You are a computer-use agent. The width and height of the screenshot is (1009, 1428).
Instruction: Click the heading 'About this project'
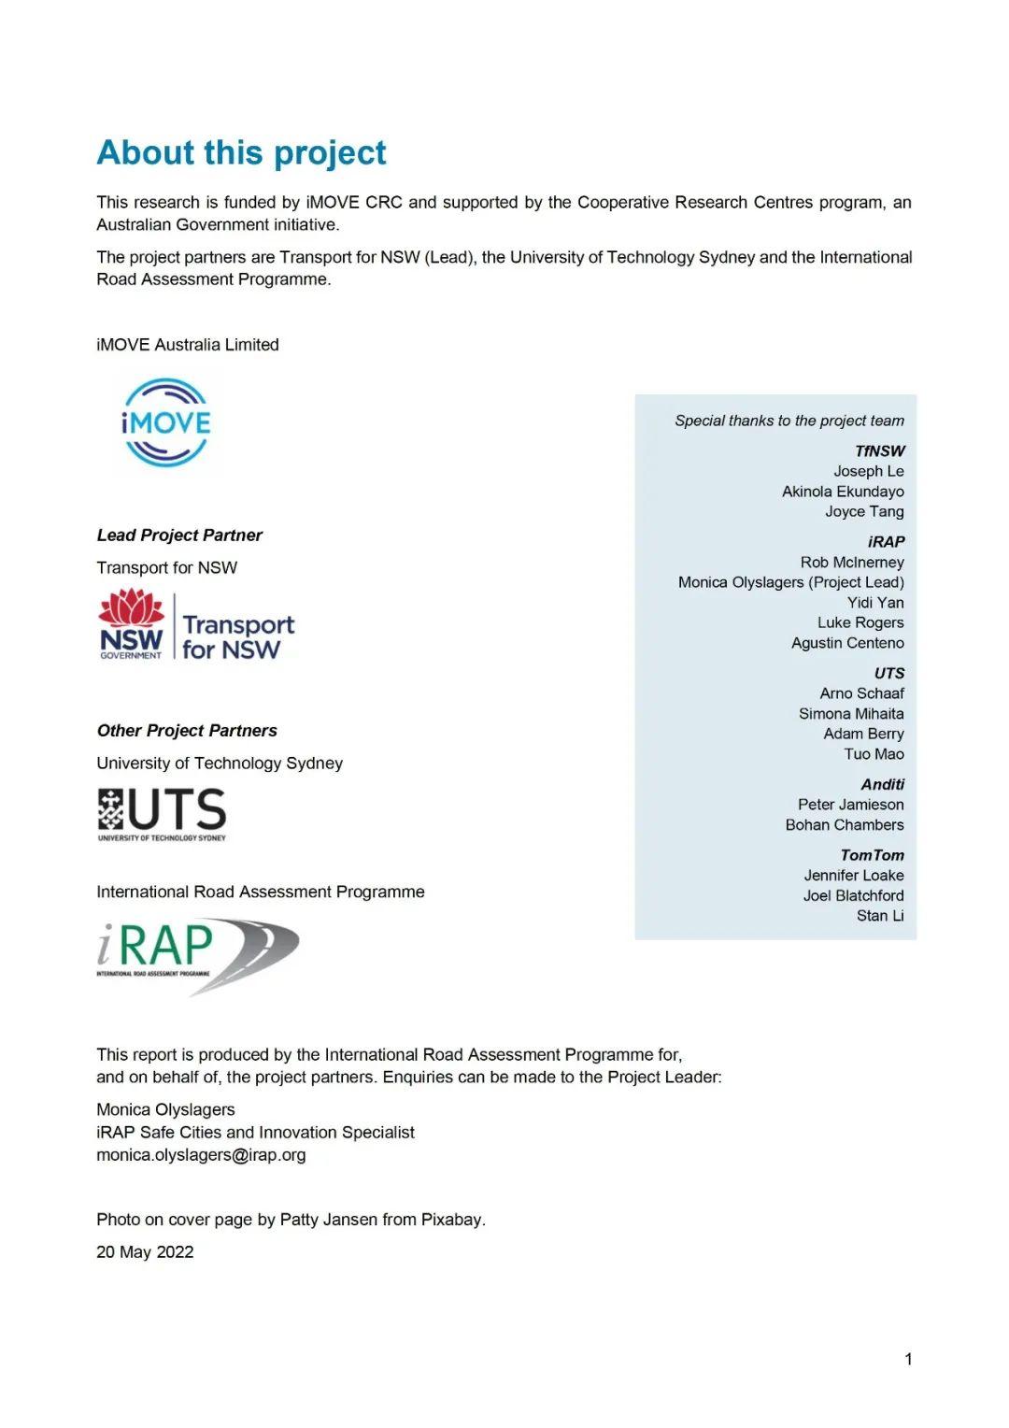click(241, 152)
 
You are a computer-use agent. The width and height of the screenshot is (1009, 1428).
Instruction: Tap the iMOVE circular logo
click(166, 422)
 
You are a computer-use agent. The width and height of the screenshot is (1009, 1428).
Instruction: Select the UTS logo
click(162, 813)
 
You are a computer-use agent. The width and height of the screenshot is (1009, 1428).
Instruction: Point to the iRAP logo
click(197, 954)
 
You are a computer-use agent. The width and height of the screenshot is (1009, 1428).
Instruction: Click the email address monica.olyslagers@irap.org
click(201, 1154)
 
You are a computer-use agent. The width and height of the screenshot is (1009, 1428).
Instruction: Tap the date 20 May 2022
click(145, 1251)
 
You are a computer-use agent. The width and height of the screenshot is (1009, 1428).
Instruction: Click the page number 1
click(908, 1359)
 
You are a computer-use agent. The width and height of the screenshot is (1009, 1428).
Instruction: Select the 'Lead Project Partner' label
click(179, 535)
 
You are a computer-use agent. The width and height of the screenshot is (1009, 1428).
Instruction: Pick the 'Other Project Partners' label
click(187, 730)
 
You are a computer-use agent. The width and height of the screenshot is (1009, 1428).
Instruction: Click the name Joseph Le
click(868, 471)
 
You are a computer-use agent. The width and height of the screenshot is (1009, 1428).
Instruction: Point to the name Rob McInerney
click(851, 562)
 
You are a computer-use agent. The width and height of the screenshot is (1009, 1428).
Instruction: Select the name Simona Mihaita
click(850, 713)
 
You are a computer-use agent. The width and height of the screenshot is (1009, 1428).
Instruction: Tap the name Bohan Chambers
click(844, 824)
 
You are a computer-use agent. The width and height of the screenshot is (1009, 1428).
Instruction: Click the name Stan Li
click(879, 915)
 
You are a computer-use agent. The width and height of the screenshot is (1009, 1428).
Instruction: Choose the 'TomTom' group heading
click(872, 854)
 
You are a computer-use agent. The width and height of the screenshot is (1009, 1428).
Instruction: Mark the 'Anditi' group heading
click(882, 783)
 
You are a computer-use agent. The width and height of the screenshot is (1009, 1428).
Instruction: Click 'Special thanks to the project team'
click(789, 421)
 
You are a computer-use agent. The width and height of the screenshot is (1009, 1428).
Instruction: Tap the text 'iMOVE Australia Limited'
click(188, 344)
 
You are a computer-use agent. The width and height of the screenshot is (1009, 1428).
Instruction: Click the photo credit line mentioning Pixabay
click(291, 1219)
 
